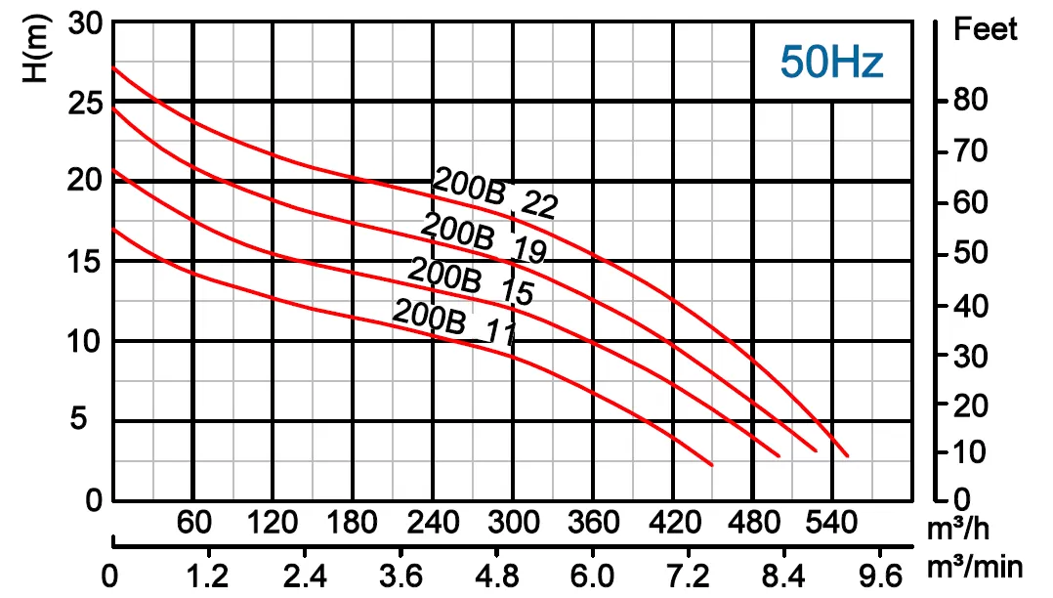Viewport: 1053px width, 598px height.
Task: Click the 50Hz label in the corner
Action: pyautogui.click(x=831, y=63)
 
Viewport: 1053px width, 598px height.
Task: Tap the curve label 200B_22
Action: pyautogui.click(x=494, y=193)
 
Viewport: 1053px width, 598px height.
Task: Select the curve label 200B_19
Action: pyautogui.click(x=483, y=237)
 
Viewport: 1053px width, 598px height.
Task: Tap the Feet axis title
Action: pyautogui.click(x=986, y=29)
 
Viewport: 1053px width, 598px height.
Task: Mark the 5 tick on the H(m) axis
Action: pyautogui.click(x=96, y=420)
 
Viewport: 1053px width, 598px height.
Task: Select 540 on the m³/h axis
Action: pyautogui.click(x=832, y=524)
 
